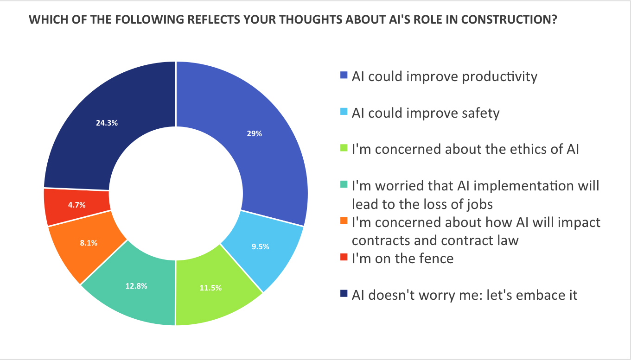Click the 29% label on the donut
coord(255,133)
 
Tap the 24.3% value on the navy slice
coord(107,123)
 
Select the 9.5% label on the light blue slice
coord(260,246)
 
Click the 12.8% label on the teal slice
coord(136,286)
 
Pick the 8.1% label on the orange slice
coord(88,242)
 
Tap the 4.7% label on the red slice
coord(76,205)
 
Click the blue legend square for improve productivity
coord(344,75)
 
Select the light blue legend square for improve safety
coord(344,112)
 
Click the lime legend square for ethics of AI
coord(344,149)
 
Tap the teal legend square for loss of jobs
coord(344,186)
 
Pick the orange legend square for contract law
coord(344,222)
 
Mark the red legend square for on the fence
coord(344,258)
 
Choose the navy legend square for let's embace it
coord(344,294)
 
